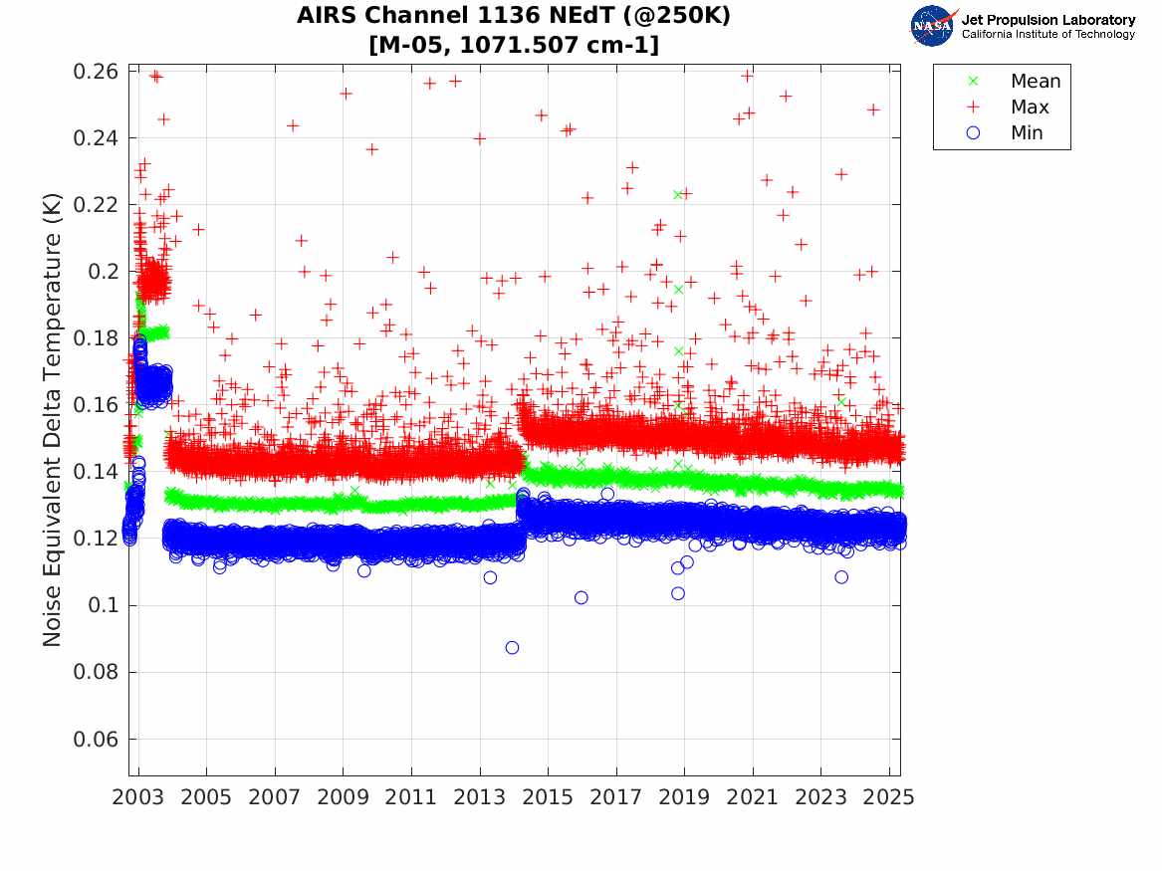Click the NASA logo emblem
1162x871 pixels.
(x=933, y=26)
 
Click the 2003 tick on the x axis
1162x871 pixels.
(x=138, y=797)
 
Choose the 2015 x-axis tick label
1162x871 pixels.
(x=548, y=797)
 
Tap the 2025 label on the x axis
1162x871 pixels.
(x=888, y=797)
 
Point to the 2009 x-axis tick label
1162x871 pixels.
(x=344, y=797)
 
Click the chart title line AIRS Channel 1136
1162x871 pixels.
(x=514, y=17)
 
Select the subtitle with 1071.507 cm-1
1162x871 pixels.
(x=514, y=45)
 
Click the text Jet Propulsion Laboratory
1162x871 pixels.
(x=1047, y=20)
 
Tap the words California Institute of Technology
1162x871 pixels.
(x=1047, y=35)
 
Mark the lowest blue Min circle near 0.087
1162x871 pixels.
(x=512, y=647)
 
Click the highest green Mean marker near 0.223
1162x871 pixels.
(x=678, y=195)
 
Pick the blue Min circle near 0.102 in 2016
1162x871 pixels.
(x=581, y=597)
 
